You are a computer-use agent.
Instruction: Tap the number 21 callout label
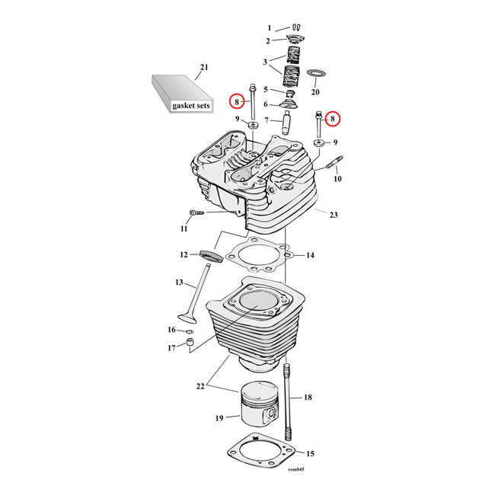[203, 67]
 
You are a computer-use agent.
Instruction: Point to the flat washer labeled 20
[316, 75]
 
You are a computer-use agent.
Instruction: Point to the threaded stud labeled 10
[335, 162]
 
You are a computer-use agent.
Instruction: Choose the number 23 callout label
[333, 214]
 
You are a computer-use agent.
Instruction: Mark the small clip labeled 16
[187, 331]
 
